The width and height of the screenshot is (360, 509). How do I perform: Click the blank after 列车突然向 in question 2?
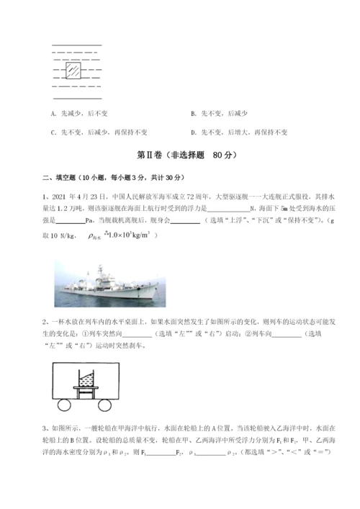click(132, 333)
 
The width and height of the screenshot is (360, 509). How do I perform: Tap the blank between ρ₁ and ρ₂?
click(210, 452)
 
